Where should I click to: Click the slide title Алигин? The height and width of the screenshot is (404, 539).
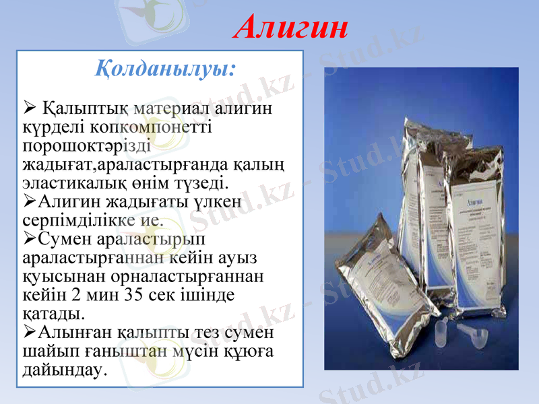coord(292,27)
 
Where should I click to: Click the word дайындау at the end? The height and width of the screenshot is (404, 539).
coord(64,370)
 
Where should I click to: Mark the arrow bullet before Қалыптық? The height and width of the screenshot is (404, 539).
coord(29,107)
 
